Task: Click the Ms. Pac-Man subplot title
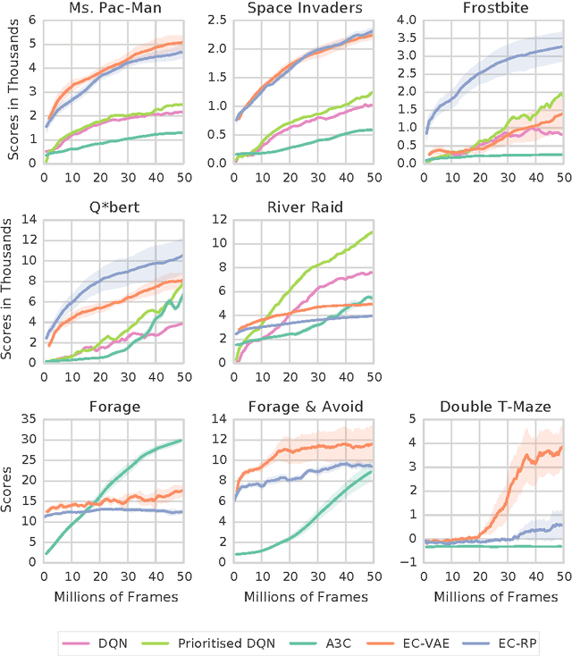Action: (x=110, y=9)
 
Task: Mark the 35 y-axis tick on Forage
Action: (x=26, y=418)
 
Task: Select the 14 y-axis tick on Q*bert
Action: (x=26, y=220)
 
